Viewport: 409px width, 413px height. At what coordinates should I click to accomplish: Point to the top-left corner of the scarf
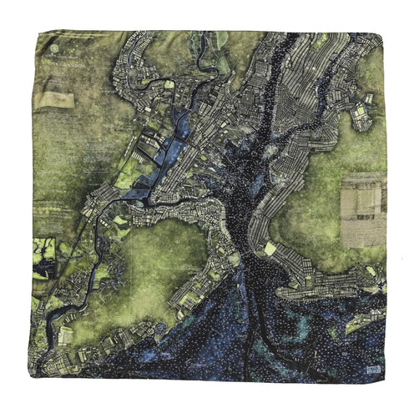tap(35, 33)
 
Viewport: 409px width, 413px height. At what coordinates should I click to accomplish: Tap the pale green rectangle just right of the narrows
tap(270, 248)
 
